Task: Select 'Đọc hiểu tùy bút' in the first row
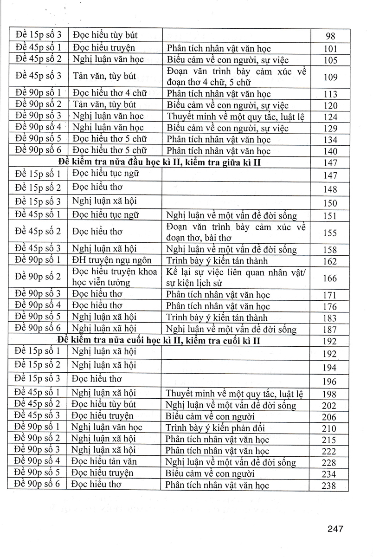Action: tap(105, 35)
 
